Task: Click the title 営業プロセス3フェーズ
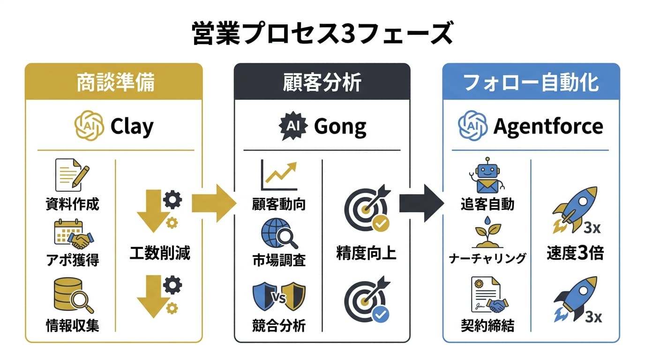[322, 34]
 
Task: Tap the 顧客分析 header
[322, 82]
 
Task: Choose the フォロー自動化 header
[531, 82]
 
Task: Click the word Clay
[131, 127]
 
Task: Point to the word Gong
[340, 127]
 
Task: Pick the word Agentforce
[548, 127]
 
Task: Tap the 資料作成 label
[73, 204]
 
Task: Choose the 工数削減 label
[160, 254]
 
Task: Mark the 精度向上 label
[367, 254]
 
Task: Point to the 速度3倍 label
[575, 254]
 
